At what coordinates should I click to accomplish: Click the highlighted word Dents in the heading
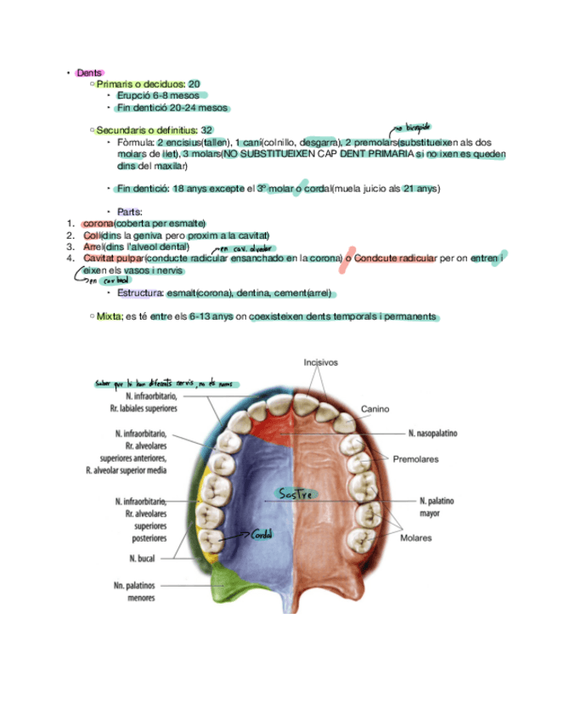pyautogui.click(x=89, y=73)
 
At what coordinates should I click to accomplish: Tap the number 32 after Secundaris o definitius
pyautogui.click(x=206, y=130)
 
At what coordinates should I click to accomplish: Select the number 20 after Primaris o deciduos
pyautogui.click(x=194, y=84)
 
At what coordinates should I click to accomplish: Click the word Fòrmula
pyautogui.click(x=135, y=142)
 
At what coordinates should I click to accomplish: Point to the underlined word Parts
pyautogui.click(x=130, y=212)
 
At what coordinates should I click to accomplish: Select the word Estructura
pyautogui.click(x=140, y=293)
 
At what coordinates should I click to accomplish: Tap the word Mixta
pyautogui.click(x=109, y=317)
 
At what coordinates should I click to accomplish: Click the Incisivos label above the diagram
pyautogui.click(x=321, y=363)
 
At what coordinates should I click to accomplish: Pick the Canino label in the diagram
pyautogui.click(x=375, y=409)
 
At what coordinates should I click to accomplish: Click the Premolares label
pyautogui.click(x=415, y=459)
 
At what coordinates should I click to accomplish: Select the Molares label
pyautogui.click(x=415, y=538)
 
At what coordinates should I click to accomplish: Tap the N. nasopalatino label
pyautogui.click(x=432, y=434)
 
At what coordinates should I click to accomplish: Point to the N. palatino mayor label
pyautogui.click(x=437, y=507)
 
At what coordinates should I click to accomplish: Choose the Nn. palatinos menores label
pyautogui.click(x=141, y=591)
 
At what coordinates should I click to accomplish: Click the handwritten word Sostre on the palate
pyautogui.click(x=296, y=494)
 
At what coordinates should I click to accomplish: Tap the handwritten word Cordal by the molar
pyautogui.click(x=261, y=534)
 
